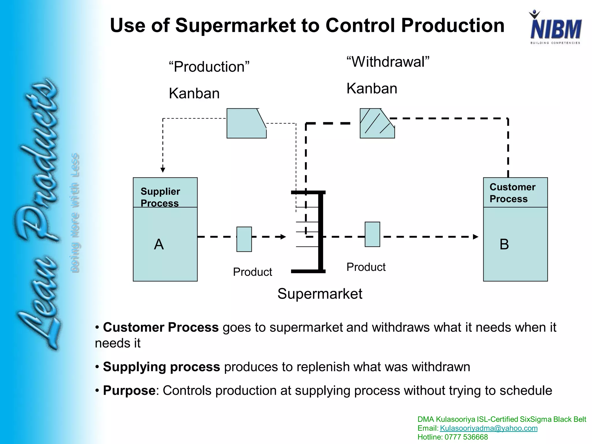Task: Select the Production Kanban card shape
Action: [x=246, y=123]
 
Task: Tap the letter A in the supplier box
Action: [x=159, y=245]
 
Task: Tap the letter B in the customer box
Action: [x=504, y=245]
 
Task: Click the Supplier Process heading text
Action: [x=160, y=197]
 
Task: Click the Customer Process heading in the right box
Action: [x=512, y=193]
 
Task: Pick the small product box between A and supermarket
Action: [x=244, y=239]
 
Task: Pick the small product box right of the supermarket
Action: [x=372, y=234]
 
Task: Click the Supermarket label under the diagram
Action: [x=319, y=294]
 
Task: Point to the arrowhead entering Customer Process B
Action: [x=476, y=237]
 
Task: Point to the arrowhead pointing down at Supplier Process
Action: [x=163, y=170]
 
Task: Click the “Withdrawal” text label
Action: [x=388, y=62]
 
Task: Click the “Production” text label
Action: [x=209, y=67]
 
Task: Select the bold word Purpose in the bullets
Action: [x=129, y=391]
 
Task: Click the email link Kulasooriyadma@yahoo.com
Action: [x=489, y=428]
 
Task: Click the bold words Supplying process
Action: [x=161, y=367]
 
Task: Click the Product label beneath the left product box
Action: [x=252, y=272]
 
